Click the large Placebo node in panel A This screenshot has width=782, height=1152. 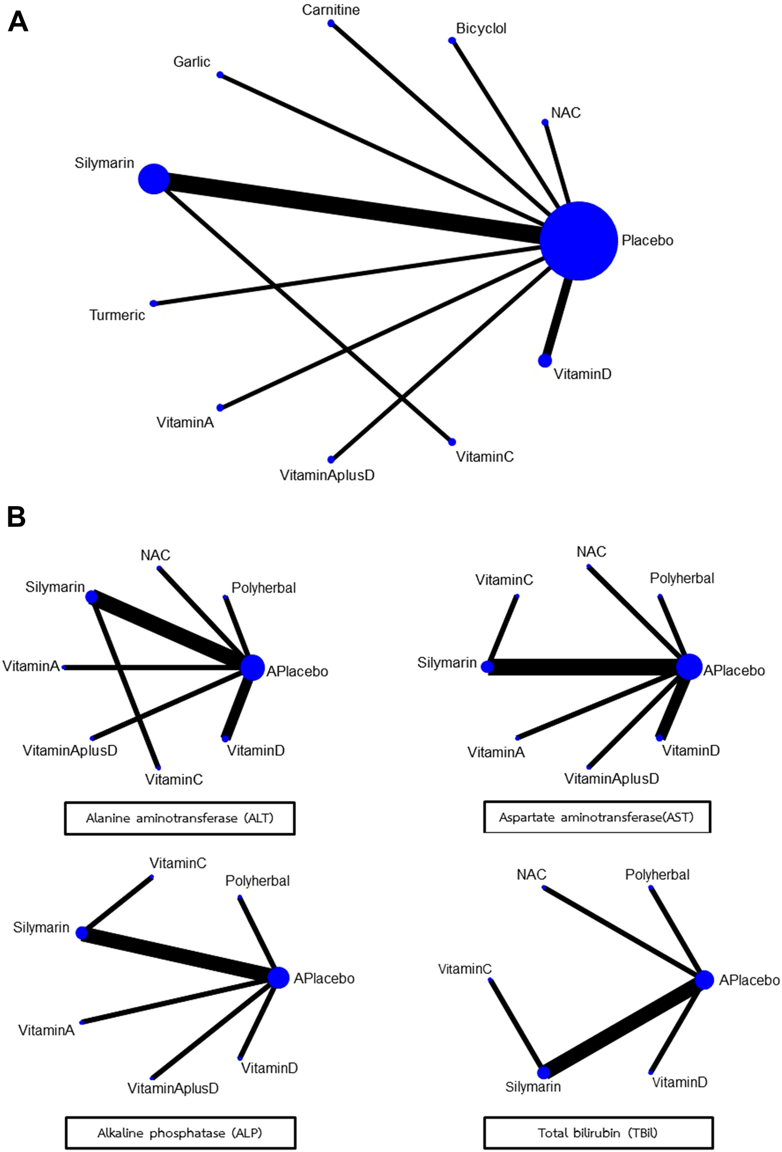(x=579, y=241)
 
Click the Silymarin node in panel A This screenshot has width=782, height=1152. (x=154, y=179)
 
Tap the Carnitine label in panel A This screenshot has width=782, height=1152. (x=330, y=10)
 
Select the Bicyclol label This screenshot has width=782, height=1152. (x=481, y=28)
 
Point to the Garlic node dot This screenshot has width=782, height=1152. (x=220, y=75)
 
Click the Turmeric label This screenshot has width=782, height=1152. (x=117, y=315)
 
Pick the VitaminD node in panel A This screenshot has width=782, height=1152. (x=544, y=361)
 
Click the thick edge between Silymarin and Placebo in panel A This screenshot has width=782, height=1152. (x=347, y=208)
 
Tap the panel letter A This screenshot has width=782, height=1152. (x=18, y=22)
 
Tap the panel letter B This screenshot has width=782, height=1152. (x=16, y=517)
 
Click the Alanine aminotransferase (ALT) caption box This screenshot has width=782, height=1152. (x=180, y=818)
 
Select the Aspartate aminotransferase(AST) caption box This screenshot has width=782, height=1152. (x=596, y=817)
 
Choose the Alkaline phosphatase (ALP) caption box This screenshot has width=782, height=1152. (x=180, y=1133)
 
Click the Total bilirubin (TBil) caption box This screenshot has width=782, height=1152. (x=598, y=1133)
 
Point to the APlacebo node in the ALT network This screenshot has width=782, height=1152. (x=252, y=667)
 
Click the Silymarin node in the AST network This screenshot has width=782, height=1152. (x=488, y=667)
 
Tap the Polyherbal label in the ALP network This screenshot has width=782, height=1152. (x=257, y=880)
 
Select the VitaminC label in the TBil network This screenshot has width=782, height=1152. (x=464, y=969)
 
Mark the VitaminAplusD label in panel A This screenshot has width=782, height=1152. (x=327, y=475)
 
